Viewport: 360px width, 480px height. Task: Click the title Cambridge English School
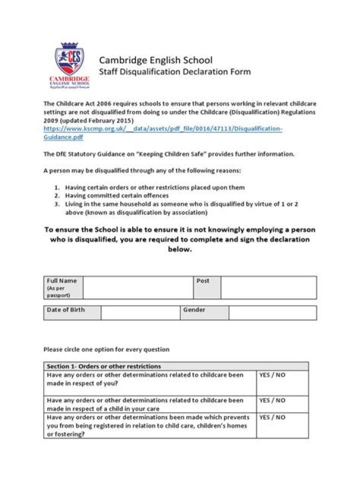click(155, 60)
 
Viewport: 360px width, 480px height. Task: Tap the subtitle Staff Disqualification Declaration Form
click(174, 71)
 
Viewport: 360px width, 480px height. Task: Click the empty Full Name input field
click(138, 287)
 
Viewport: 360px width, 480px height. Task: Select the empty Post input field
click(268, 287)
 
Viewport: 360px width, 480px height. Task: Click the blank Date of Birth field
click(140, 313)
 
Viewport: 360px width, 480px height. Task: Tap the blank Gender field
click(272, 313)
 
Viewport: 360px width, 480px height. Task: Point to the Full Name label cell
click(62, 287)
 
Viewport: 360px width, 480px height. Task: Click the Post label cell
click(206, 287)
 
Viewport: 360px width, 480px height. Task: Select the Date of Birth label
click(66, 310)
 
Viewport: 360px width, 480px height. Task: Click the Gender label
click(194, 310)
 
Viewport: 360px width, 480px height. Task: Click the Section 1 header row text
click(104, 366)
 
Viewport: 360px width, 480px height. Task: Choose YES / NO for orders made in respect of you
click(272, 374)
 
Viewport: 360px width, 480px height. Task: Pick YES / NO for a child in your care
click(272, 400)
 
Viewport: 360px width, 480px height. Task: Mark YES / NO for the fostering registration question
click(272, 417)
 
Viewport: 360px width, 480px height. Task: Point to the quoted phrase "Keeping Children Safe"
click(170, 154)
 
